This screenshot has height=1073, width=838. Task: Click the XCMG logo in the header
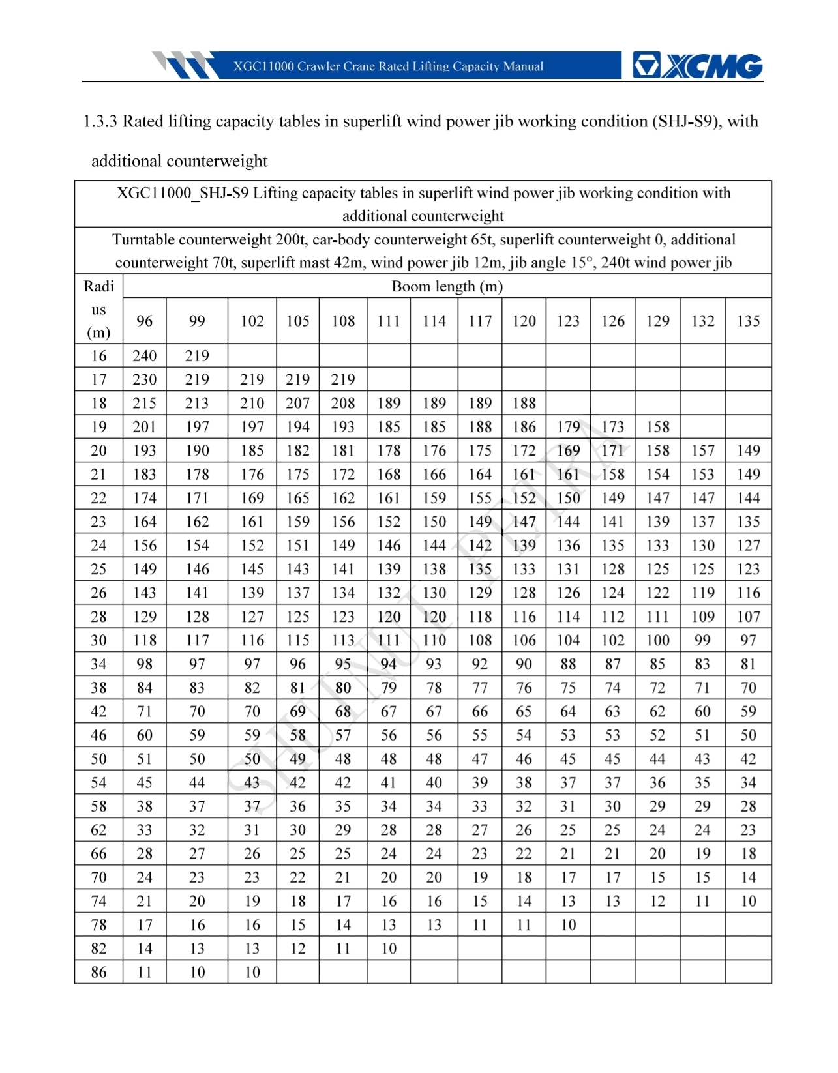(697, 66)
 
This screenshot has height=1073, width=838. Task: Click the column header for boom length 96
(144, 321)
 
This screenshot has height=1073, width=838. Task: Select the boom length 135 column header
(748, 321)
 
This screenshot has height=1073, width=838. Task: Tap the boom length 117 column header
(480, 321)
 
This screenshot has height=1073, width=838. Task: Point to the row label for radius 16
(98, 356)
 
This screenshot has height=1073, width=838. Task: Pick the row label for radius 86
(98, 972)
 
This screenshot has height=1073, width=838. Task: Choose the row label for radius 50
(98, 759)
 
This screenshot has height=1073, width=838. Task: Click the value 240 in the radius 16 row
(144, 356)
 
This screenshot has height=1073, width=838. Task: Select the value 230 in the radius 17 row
(144, 379)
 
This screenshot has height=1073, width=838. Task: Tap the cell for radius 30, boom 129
(657, 640)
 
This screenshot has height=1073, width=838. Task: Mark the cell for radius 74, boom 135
(748, 901)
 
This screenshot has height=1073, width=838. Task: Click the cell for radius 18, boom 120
(524, 404)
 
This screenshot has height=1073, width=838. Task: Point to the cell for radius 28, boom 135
(748, 617)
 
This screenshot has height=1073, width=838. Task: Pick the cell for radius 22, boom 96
(144, 498)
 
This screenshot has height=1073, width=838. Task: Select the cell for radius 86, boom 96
(144, 972)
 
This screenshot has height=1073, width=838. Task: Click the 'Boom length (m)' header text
(447, 286)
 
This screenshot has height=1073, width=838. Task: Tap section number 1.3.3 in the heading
(100, 122)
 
